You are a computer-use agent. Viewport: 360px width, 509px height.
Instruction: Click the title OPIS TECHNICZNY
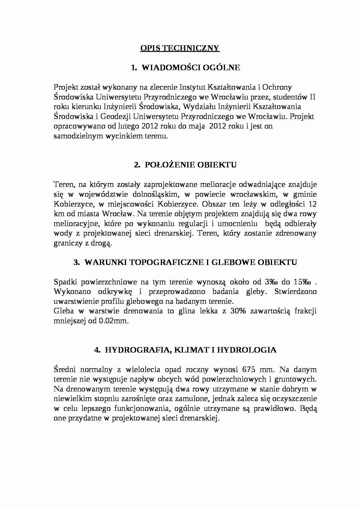click(x=180, y=48)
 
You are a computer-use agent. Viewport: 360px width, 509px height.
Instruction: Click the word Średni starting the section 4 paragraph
click(x=64, y=369)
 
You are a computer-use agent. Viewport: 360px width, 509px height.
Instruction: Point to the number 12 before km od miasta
click(x=312, y=204)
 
